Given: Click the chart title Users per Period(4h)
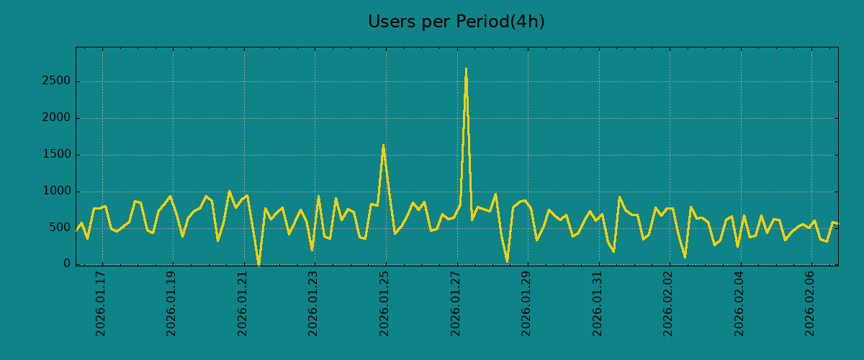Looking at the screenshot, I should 456,22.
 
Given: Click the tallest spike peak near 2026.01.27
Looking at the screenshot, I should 466,69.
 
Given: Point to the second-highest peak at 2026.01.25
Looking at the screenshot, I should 383,145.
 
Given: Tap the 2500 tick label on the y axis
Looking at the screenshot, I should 56,81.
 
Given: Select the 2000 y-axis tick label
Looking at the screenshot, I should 56,118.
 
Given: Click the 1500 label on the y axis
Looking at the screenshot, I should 56,155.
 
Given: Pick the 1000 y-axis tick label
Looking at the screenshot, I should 56,192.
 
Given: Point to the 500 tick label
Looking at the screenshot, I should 60,228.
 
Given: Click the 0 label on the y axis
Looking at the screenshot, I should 67,264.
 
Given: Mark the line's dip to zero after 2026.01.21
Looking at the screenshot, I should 258,265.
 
